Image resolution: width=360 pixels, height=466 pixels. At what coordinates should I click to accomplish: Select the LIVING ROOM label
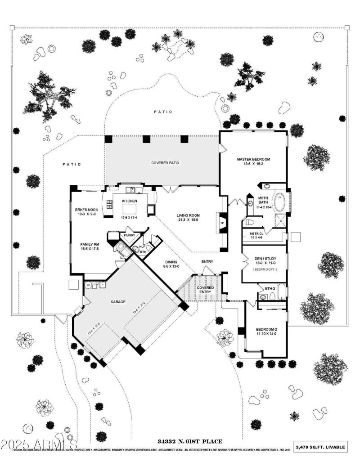pyautogui.click(x=188, y=215)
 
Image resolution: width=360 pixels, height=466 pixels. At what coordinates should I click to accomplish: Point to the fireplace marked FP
pyautogui.click(x=222, y=223)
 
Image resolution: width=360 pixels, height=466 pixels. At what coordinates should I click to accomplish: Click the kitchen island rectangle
pyautogui.click(x=130, y=210)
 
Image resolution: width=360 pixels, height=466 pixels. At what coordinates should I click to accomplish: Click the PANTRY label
pyautogui.click(x=130, y=235)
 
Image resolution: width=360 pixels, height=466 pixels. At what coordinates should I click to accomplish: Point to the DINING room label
pyautogui.click(x=171, y=261)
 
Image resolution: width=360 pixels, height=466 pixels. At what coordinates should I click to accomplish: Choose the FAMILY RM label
pyautogui.click(x=87, y=244)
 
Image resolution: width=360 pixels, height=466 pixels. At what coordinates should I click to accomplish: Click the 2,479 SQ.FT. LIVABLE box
pyautogui.click(x=321, y=447)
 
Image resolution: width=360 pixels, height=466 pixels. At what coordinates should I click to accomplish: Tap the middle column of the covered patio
pyautogui.click(x=146, y=139)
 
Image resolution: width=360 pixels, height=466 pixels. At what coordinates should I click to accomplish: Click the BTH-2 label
pyautogui.click(x=270, y=288)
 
